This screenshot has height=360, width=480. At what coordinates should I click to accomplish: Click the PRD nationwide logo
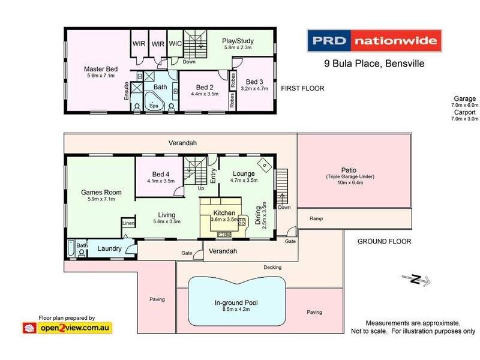(x=374, y=41)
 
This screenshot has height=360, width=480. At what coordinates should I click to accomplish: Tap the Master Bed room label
(x=100, y=69)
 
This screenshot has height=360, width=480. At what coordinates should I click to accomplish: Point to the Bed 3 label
(x=254, y=82)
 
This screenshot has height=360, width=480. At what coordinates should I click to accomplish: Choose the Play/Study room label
(x=238, y=41)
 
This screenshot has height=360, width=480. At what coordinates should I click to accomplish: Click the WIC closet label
(x=175, y=44)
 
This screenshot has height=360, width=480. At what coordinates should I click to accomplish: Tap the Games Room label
(x=101, y=193)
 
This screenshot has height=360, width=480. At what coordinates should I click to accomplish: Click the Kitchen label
(x=224, y=213)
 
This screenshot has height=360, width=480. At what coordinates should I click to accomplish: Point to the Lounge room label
(x=244, y=174)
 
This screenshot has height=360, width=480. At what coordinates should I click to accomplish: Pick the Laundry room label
(x=110, y=248)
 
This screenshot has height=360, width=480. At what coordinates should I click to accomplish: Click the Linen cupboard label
(x=128, y=223)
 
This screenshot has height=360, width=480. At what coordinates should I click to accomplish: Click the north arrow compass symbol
(x=415, y=278)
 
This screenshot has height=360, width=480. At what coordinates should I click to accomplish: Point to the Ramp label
(x=316, y=218)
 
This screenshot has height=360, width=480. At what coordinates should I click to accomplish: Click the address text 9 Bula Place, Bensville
(x=365, y=64)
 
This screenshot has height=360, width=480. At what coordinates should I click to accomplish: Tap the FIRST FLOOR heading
(x=302, y=88)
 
